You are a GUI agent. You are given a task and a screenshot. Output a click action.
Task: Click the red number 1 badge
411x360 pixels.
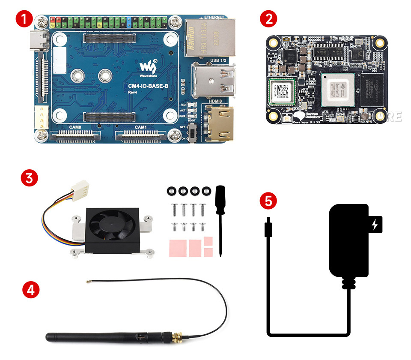[x=24, y=19]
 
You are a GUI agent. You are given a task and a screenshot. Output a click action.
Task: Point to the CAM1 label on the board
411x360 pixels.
[x=141, y=127]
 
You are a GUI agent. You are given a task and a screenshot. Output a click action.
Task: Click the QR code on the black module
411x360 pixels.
[x=283, y=90]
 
